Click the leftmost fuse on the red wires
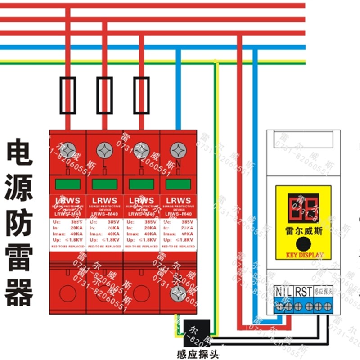[68, 95]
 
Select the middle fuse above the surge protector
[105, 95]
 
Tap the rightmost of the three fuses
[142, 95]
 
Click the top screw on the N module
[179, 150]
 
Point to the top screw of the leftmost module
[68, 150]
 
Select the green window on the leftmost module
[68, 184]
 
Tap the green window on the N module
[179, 184]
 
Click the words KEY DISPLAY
[305, 255]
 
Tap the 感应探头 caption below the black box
[198, 353]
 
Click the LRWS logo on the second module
[105, 201]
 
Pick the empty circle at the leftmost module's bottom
[68, 293]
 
